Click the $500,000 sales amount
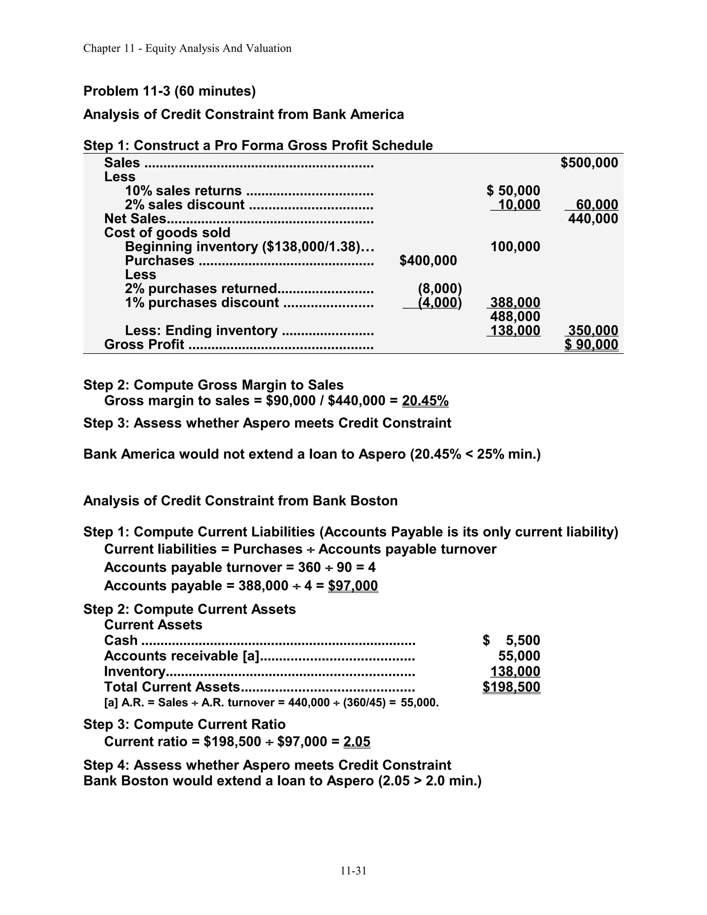pyautogui.click(x=589, y=163)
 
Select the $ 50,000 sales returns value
pyautogui.click(x=513, y=191)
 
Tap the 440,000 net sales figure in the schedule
pyautogui.click(x=593, y=219)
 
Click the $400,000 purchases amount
pyautogui.click(x=428, y=261)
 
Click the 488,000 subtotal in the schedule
pyautogui.click(x=515, y=316)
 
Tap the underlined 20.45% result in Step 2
pyautogui.click(x=425, y=401)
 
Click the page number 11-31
pyautogui.click(x=353, y=871)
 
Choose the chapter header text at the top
pyautogui.click(x=187, y=49)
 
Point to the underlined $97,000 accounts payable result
pyautogui.click(x=353, y=586)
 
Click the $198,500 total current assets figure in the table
pyautogui.click(x=511, y=687)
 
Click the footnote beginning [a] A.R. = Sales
pyautogui.click(x=271, y=703)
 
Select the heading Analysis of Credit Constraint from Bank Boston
pyautogui.click(x=240, y=501)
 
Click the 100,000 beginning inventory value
pyautogui.click(x=515, y=247)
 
